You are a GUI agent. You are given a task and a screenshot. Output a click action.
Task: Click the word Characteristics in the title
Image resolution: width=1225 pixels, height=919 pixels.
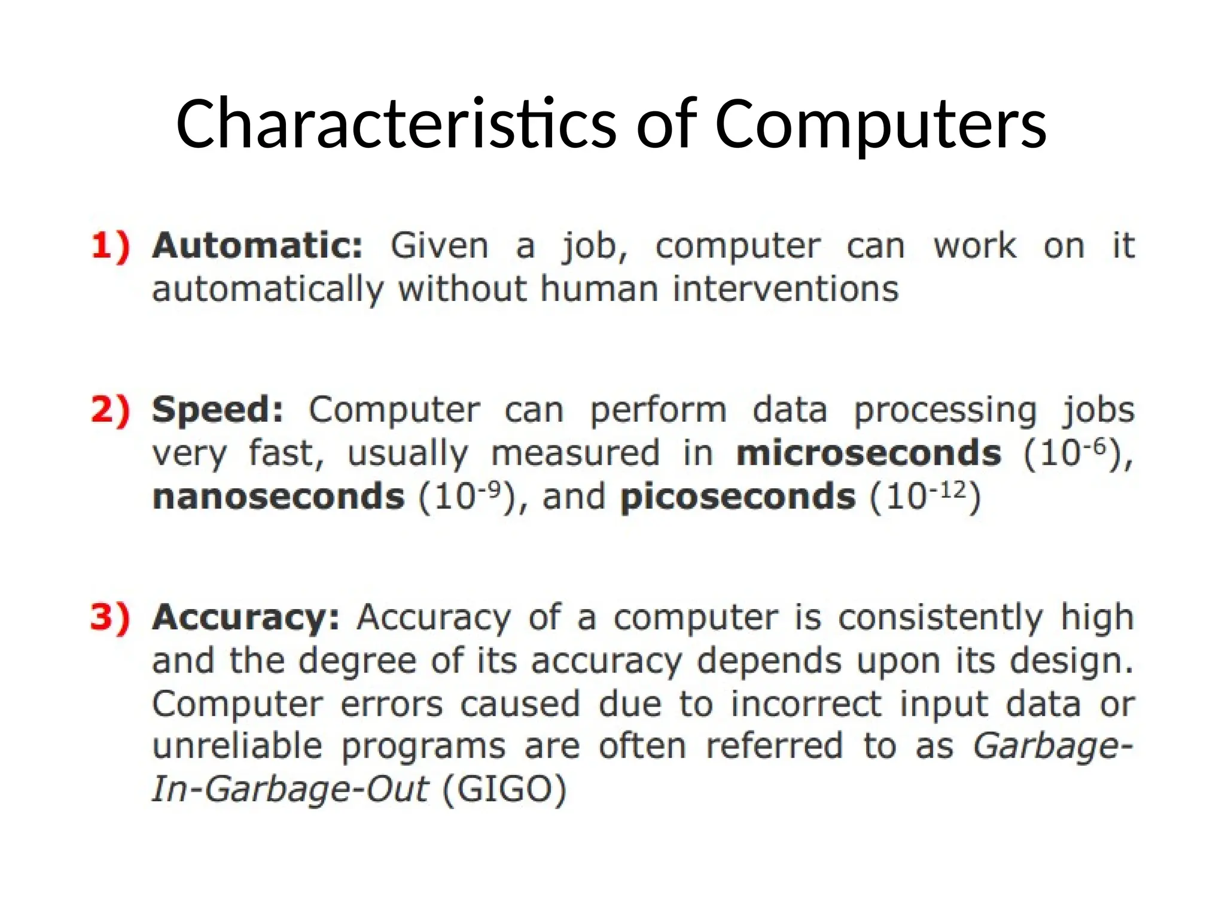[395, 124]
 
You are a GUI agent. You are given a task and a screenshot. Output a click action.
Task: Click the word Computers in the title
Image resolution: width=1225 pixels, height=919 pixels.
[880, 124]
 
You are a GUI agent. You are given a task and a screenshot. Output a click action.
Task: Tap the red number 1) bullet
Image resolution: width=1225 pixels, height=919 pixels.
[111, 246]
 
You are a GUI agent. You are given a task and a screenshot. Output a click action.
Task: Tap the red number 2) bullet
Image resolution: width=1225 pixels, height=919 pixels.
[111, 410]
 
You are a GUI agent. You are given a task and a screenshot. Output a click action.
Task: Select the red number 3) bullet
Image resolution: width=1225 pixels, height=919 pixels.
[111, 617]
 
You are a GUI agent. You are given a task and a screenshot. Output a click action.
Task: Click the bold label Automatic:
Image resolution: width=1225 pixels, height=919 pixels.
[258, 246]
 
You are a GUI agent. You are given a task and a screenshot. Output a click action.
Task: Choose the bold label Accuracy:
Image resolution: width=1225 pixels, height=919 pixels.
[246, 617]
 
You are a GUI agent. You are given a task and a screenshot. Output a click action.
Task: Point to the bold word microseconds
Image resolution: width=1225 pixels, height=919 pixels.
[869, 454]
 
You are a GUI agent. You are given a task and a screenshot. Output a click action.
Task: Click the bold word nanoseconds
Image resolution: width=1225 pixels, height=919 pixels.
[279, 497]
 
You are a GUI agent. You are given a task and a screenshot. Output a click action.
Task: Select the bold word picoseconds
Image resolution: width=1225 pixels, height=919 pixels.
[738, 497]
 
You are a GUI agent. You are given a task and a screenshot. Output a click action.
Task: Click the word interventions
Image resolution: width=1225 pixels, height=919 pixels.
[785, 290]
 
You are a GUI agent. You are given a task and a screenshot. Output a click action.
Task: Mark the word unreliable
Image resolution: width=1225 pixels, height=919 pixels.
[237, 747]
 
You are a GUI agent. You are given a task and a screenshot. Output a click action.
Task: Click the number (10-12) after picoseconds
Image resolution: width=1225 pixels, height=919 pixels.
[925, 496]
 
